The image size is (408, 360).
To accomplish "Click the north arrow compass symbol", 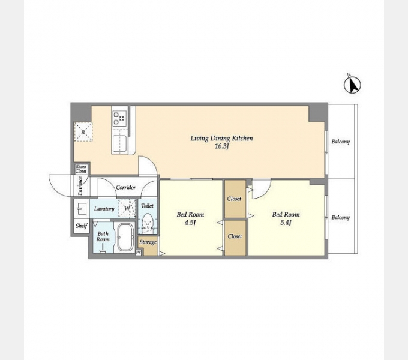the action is tap(352, 85).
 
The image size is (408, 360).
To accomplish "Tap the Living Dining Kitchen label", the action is tap(221, 138).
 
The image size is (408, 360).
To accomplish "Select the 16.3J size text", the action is tap(221, 146).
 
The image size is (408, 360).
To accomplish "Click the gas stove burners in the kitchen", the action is tap(119, 118).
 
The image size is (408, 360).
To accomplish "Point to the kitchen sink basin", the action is tap(119, 143).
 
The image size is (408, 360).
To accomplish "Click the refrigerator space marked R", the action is tap(83, 132).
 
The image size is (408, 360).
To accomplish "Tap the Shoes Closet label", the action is tap(81, 169).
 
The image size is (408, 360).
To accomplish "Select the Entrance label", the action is tap(80, 186).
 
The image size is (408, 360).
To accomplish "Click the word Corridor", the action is tap(125, 187).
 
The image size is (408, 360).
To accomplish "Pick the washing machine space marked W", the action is tap(127, 208).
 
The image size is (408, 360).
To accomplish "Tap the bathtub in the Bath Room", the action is tap(125, 237).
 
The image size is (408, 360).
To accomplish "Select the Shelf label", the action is tap(81, 226).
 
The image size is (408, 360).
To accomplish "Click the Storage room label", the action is tap(148, 242).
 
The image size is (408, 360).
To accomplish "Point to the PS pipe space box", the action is tap(139, 253).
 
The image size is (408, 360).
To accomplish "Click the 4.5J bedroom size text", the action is tap(190, 223).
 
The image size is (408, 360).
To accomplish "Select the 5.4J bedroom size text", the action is tap(286, 223).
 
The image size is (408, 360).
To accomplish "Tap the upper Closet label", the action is tap(234, 199).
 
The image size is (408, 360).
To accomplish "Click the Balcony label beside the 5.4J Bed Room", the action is tap(340, 217).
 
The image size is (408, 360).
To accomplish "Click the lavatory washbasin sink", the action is tap(81, 209).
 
